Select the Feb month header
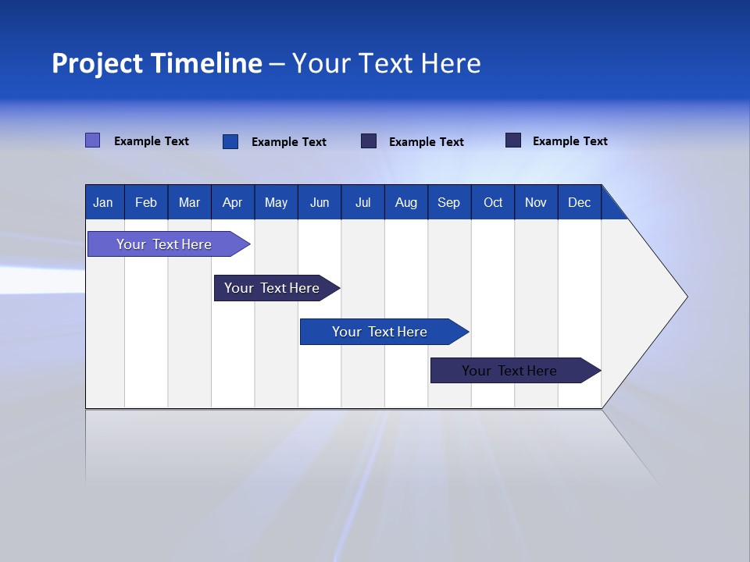click(146, 202)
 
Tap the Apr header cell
click(233, 202)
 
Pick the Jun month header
click(320, 202)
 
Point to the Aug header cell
click(406, 202)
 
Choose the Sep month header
click(449, 202)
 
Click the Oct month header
click(493, 202)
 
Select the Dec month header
click(580, 202)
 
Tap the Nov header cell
click(536, 202)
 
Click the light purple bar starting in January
click(164, 244)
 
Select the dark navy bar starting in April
click(272, 288)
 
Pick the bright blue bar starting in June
click(380, 332)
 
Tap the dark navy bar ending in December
click(509, 371)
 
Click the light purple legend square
click(93, 140)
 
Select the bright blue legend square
click(230, 141)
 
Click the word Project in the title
click(97, 63)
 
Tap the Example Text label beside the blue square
click(289, 142)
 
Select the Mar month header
click(189, 202)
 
